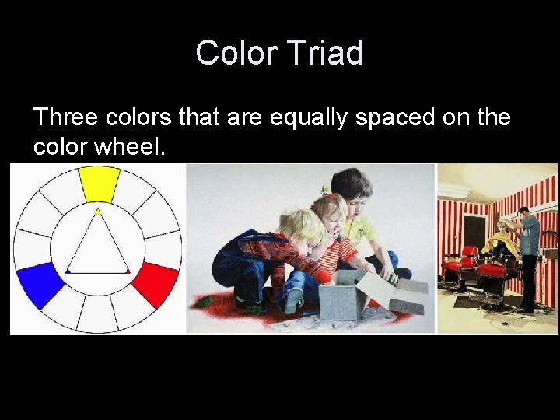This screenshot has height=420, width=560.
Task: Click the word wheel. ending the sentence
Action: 132,146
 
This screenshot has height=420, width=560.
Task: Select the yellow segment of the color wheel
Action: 99,184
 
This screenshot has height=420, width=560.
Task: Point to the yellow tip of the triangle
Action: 97,212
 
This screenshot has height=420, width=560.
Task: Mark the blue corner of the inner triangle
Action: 68,271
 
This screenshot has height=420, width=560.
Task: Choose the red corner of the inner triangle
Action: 128,271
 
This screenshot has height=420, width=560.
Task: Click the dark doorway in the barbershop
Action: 474,237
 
